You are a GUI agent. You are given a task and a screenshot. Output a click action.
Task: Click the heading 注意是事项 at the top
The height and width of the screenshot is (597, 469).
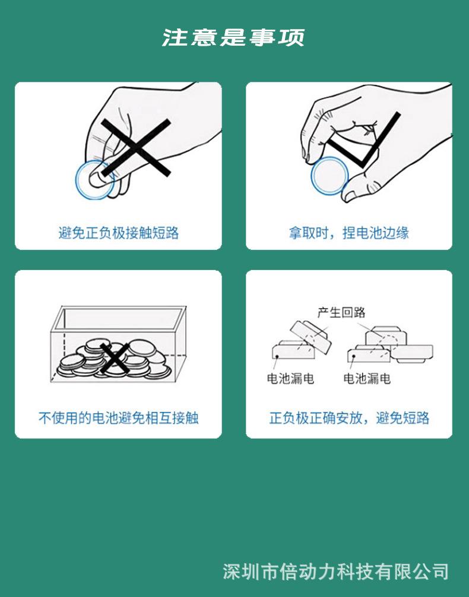coord(233,37)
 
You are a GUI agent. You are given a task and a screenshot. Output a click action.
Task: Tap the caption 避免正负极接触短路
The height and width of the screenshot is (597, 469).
coord(119,233)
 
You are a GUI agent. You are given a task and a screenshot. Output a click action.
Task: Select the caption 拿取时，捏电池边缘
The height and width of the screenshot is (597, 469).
coord(349,233)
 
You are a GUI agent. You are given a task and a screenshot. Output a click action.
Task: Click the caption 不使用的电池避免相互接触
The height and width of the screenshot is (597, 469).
coord(119,418)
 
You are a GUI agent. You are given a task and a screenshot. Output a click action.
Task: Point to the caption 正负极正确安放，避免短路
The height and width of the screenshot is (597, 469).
coord(349,418)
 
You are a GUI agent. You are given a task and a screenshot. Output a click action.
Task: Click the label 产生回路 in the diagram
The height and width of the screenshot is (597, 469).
coord(341,312)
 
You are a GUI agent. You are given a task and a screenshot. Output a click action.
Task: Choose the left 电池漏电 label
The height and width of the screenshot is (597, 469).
coord(290,378)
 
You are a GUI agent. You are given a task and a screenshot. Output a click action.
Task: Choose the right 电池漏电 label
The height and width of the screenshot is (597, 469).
coord(367,378)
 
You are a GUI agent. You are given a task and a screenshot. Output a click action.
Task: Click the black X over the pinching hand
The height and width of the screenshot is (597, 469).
coord(135,148)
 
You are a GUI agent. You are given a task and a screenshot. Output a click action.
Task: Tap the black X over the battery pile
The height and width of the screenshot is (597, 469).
coord(115,359)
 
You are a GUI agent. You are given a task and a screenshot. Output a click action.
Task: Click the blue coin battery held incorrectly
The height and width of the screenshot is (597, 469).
coord(94,179)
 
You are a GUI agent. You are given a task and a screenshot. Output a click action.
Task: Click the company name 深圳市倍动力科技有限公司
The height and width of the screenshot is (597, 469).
coord(335,571)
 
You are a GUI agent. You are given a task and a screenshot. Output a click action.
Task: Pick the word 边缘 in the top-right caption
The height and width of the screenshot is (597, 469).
coord(396,233)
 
